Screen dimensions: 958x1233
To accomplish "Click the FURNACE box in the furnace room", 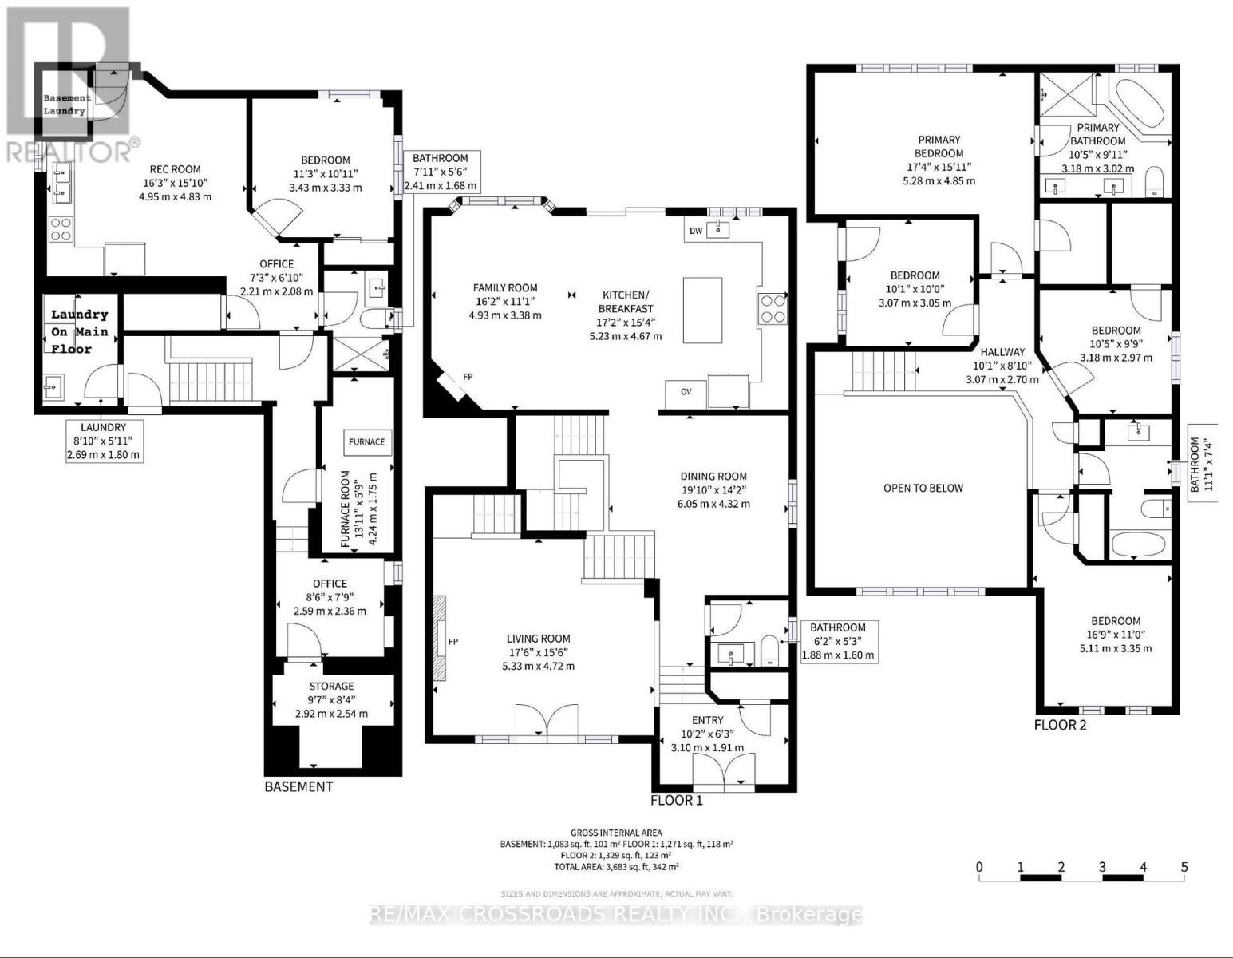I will point(367,441).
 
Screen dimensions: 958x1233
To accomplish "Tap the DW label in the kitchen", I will point(694,231).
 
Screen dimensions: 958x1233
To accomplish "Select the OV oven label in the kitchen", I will point(686,391).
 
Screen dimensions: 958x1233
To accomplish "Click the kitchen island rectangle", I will point(702,310).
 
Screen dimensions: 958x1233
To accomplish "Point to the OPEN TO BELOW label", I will point(923,488).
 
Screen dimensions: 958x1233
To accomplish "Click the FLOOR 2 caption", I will point(1060,725).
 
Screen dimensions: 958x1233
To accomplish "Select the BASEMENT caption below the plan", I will point(298,786).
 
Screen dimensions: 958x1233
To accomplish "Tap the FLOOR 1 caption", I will point(676,800).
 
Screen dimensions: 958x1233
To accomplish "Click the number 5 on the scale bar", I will point(1184,867).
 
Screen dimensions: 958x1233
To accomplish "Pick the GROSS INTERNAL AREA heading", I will point(616,833).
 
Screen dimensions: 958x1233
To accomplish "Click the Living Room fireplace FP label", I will point(453,642).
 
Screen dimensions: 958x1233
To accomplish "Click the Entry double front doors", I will point(723,772).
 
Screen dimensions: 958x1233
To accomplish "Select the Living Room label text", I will point(539,639).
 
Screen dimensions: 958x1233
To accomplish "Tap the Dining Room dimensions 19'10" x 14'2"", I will point(713,489).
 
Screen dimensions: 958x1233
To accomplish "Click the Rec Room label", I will point(176,169).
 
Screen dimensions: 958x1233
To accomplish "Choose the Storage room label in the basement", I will point(332,686).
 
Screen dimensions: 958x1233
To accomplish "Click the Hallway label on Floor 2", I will point(1002,352).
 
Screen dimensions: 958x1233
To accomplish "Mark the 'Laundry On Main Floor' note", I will point(80,332).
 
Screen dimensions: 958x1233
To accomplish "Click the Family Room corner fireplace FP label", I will point(467,377).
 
